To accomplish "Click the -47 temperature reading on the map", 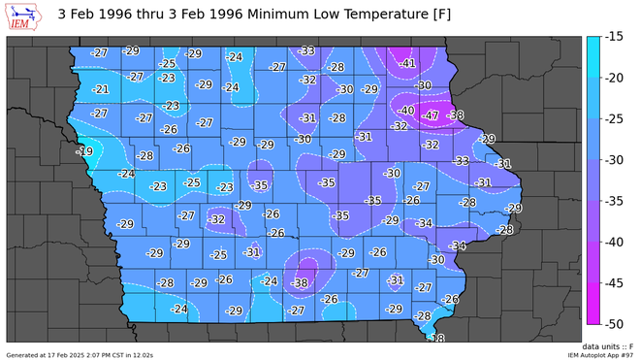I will (x=431, y=115).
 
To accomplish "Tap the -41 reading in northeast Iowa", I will (x=407, y=63).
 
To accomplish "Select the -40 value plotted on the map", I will (x=407, y=111).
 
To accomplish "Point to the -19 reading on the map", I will (x=85, y=151).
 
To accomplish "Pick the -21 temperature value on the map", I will (x=101, y=89).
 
